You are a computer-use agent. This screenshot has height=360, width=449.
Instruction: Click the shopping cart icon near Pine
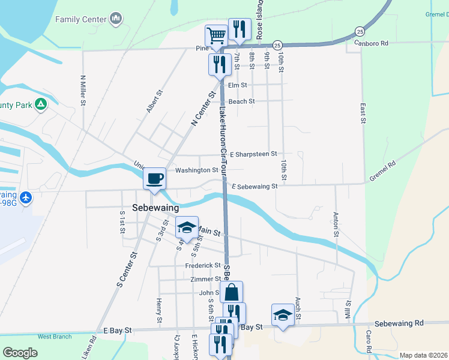tap(215, 35)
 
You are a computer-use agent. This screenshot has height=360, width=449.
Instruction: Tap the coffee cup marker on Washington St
tap(155, 178)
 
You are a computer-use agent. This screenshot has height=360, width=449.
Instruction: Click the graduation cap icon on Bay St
tap(283, 314)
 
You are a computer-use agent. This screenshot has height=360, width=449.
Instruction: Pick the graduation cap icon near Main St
tap(187, 227)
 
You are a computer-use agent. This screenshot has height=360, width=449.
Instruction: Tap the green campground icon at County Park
tap(40, 105)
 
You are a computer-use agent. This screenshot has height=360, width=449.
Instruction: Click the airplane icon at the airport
tap(25, 197)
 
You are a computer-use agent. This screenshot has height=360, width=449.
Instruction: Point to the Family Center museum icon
tap(116, 19)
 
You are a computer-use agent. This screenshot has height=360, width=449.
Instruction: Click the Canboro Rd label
tap(372, 43)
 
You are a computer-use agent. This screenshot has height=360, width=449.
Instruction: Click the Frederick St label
tap(203, 265)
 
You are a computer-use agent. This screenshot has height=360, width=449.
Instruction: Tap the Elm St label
tap(237, 85)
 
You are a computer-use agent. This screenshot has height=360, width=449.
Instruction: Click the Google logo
tap(20, 353)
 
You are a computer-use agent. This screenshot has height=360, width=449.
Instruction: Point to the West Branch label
tap(55, 337)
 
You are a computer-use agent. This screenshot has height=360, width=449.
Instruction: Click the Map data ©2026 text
tap(422, 355)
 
